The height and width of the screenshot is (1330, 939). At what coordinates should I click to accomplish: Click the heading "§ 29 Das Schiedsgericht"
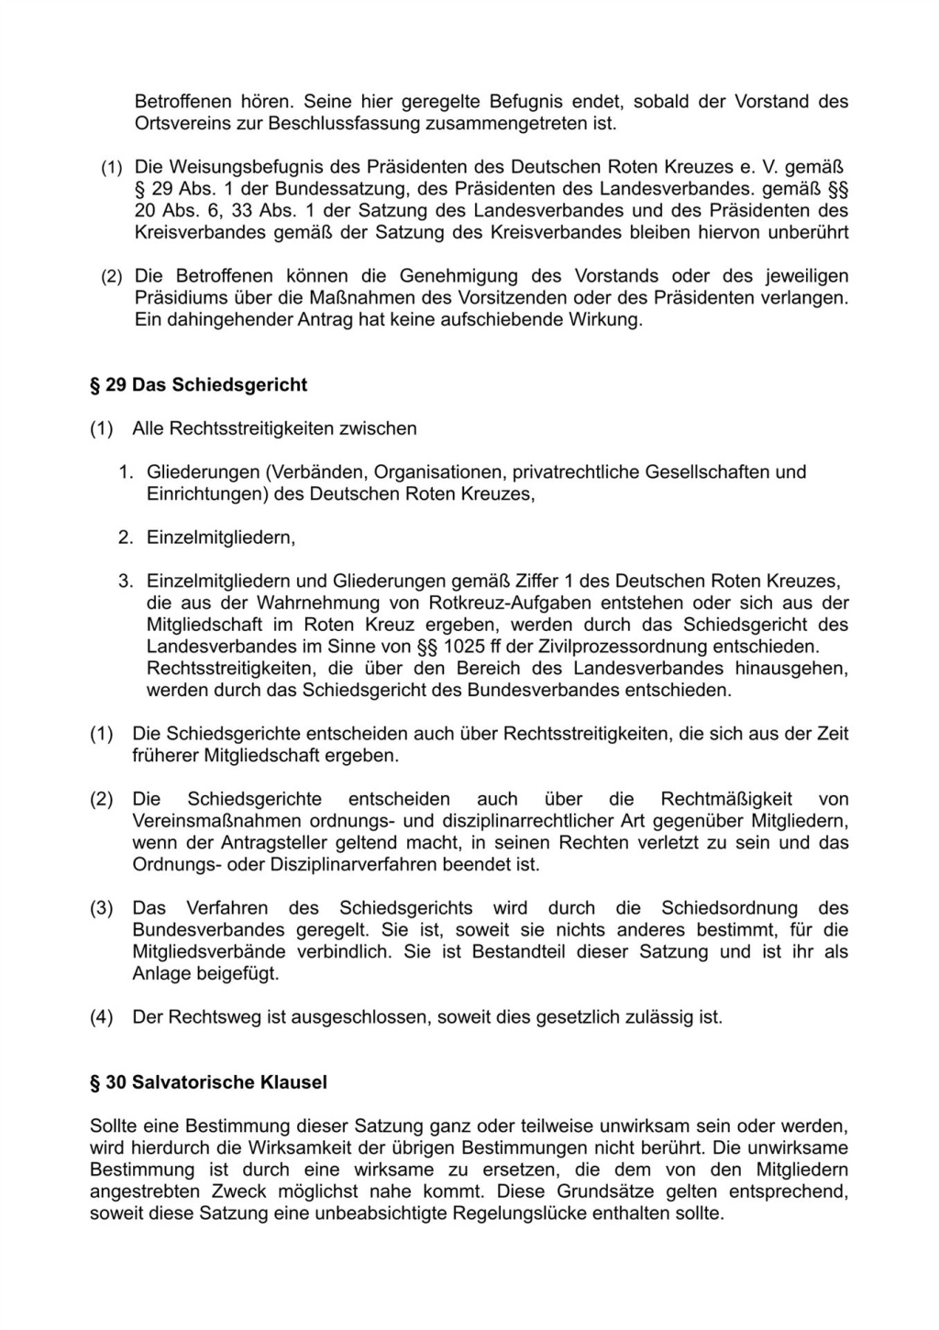point(198,384)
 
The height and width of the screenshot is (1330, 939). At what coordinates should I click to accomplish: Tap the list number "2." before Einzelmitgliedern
point(127,538)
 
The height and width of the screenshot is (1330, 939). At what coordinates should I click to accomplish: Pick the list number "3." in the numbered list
point(127,582)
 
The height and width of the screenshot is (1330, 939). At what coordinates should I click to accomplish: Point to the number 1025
point(464,647)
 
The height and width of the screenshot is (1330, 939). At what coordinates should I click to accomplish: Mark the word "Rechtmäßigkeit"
point(726,800)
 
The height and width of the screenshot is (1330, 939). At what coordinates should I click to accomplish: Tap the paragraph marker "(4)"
point(101,1017)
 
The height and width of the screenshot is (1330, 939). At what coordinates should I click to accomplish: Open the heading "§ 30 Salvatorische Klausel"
point(208,1082)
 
